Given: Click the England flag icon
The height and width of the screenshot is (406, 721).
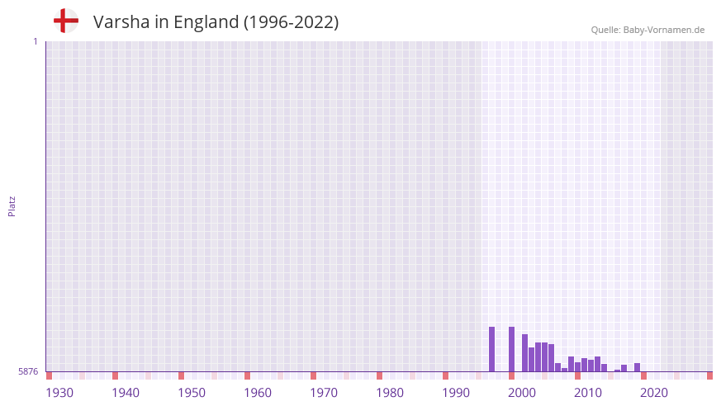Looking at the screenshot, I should (x=65, y=21).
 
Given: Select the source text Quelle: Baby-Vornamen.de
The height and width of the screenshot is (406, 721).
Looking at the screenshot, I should (x=647, y=30).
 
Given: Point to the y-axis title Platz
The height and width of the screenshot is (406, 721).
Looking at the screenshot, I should (x=12, y=205).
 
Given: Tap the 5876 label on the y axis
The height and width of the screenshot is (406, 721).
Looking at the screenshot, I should (x=28, y=372).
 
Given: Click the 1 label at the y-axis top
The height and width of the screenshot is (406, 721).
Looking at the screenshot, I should (x=35, y=41).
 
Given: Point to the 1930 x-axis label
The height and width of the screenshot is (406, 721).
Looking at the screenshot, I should (x=59, y=393).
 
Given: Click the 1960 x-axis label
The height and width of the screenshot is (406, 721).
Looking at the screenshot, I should (x=258, y=393).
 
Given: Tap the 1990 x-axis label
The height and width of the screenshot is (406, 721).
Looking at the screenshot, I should (x=456, y=393).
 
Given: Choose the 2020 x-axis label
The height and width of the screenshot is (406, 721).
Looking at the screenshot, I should (x=654, y=393).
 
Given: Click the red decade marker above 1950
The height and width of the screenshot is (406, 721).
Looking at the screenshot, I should (x=181, y=375).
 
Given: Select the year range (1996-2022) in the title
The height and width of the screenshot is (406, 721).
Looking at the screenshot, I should (x=291, y=22).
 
